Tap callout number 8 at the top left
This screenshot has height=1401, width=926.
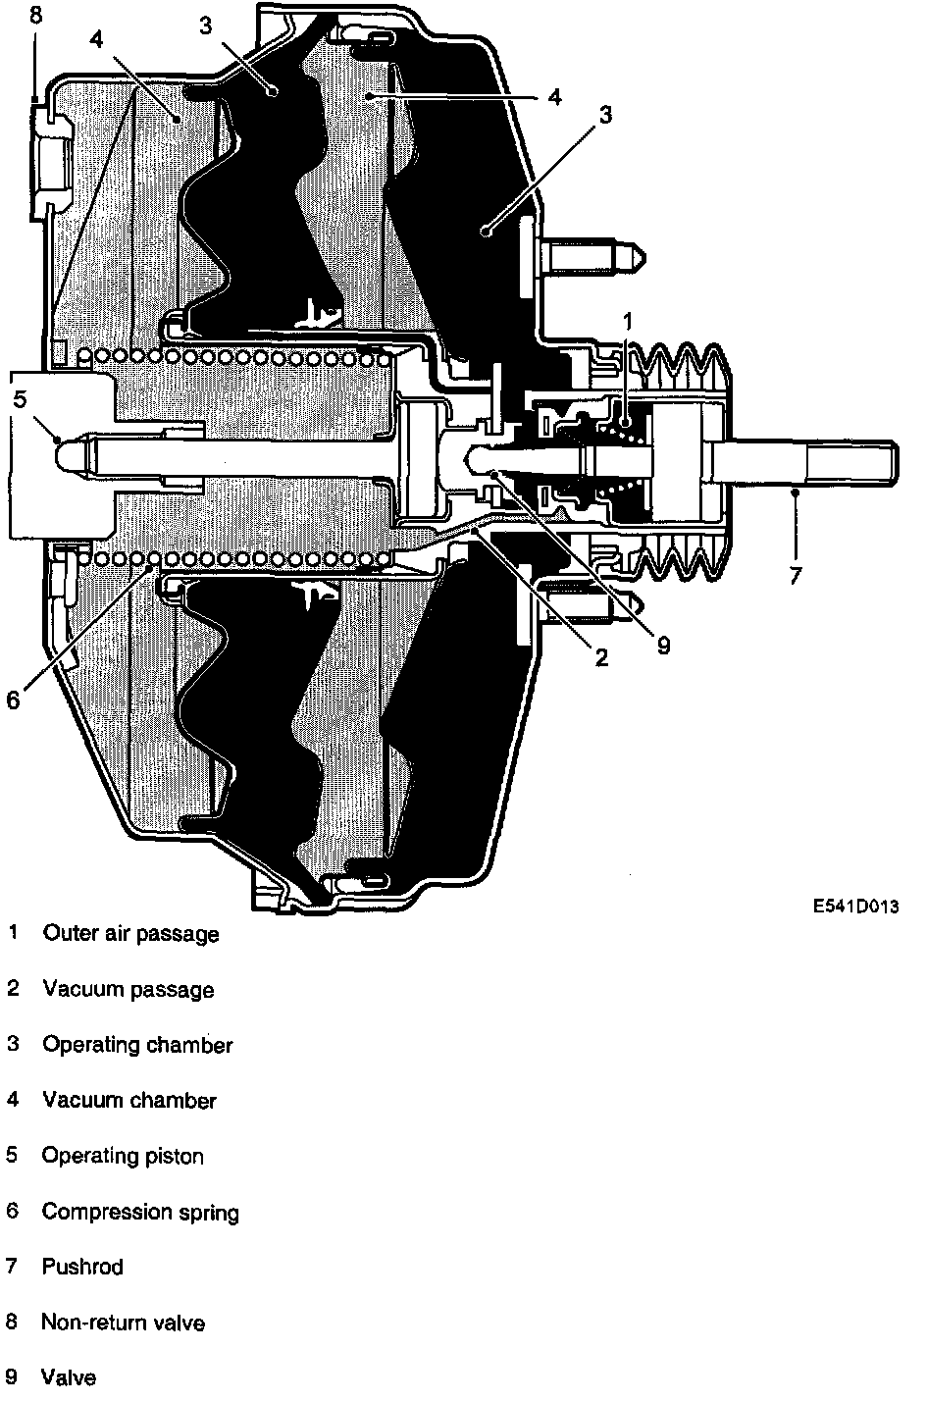[x=36, y=15]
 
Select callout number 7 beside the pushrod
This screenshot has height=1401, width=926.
[x=795, y=575]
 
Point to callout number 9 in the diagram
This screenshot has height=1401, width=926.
[x=663, y=645]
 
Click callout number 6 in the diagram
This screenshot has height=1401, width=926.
[x=13, y=699]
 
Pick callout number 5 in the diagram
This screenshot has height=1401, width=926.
[x=20, y=398]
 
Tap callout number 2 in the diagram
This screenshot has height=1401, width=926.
[x=601, y=656]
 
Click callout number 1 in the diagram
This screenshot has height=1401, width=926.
[x=629, y=321]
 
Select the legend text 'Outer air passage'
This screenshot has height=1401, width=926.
[x=130, y=933]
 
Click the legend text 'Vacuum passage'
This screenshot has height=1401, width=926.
[x=128, y=989]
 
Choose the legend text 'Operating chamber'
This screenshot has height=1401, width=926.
[x=137, y=1045]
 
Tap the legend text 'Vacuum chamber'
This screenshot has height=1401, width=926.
[x=129, y=1101]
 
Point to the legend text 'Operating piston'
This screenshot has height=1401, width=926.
[x=123, y=1156]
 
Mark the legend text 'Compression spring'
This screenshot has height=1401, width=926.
[x=140, y=1212]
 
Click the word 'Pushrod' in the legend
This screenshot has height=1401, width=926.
[x=82, y=1267]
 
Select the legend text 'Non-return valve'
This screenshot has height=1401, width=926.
[x=123, y=1323]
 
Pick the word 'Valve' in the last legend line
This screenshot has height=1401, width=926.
[x=69, y=1377]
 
